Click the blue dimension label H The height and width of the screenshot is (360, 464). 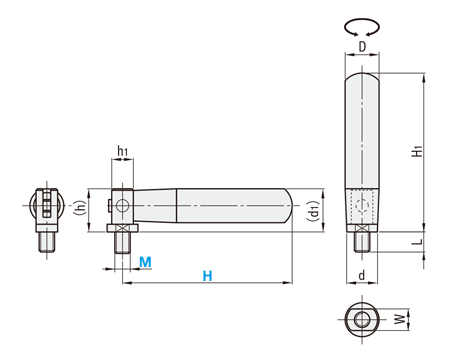[207, 276]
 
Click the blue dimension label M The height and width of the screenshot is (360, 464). [145, 262]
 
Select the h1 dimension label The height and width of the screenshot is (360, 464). [123, 151]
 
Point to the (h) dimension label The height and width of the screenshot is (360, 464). [79, 208]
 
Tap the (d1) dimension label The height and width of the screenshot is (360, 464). [313, 211]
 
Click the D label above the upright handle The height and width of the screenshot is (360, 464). [362, 47]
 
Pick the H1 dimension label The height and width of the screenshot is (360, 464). [417, 151]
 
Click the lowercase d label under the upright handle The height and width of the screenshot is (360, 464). [362, 276]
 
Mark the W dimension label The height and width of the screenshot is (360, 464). [401, 319]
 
